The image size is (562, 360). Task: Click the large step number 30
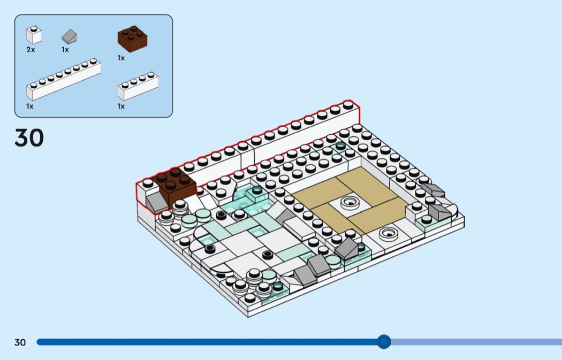click(29, 138)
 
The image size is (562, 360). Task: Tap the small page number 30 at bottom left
click(20, 342)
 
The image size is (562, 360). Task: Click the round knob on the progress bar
click(384, 342)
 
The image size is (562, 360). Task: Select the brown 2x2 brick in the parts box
click(132, 39)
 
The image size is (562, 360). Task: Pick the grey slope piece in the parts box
click(69, 36)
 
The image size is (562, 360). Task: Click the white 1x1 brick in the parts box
click(34, 35)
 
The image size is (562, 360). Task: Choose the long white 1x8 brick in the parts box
click(64, 79)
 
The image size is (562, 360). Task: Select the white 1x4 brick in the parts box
click(138, 86)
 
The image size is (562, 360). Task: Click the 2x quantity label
click(31, 50)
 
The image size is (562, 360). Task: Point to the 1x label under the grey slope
click(65, 50)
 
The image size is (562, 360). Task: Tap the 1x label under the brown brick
click(121, 58)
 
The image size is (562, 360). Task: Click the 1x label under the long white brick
click(30, 106)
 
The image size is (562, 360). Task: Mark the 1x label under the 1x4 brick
click(121, 106)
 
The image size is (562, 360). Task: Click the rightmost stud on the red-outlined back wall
click(348, 105)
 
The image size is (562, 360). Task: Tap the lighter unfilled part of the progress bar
click(476, 342)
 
